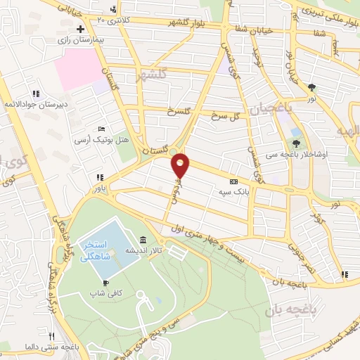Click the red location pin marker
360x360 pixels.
pos(181,165)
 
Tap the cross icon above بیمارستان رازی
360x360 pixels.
pos(81,30)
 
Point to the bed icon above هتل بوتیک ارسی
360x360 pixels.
pos(102,130)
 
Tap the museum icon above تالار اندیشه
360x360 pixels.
pos(143,240)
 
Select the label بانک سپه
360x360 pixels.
pos(233,190)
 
